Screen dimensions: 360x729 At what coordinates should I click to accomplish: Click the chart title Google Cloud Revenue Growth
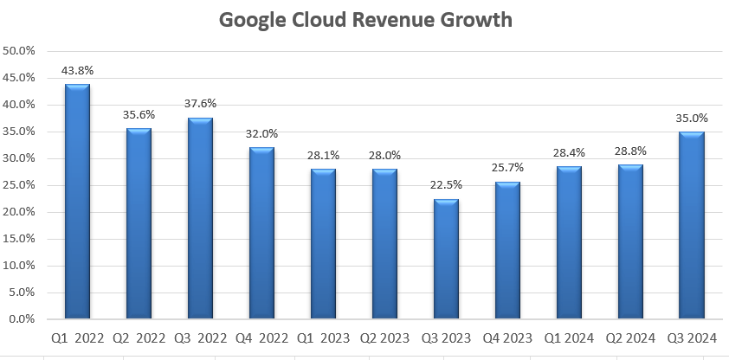(364, 20)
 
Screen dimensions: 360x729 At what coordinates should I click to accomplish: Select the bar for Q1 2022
(77, 201)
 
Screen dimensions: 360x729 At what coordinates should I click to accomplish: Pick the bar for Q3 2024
(691, 225)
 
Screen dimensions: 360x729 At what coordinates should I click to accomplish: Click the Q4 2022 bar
(261, 233)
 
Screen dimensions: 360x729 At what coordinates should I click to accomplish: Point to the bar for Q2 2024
(630, 241)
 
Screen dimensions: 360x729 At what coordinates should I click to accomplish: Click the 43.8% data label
(77, 70)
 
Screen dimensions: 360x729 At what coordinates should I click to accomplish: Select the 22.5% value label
(447, 184)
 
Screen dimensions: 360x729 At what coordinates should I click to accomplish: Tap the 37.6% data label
(200, 104)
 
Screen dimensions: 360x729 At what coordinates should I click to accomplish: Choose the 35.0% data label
(691, 118)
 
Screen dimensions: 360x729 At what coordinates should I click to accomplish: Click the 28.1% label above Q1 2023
(323, 155)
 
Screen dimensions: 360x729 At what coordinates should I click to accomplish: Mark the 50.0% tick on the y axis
(19, 51)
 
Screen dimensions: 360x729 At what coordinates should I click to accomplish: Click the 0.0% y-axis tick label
(21, 319)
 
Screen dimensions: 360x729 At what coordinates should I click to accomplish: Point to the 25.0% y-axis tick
(19, 185)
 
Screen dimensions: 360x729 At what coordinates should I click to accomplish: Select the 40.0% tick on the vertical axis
(19, 105)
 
